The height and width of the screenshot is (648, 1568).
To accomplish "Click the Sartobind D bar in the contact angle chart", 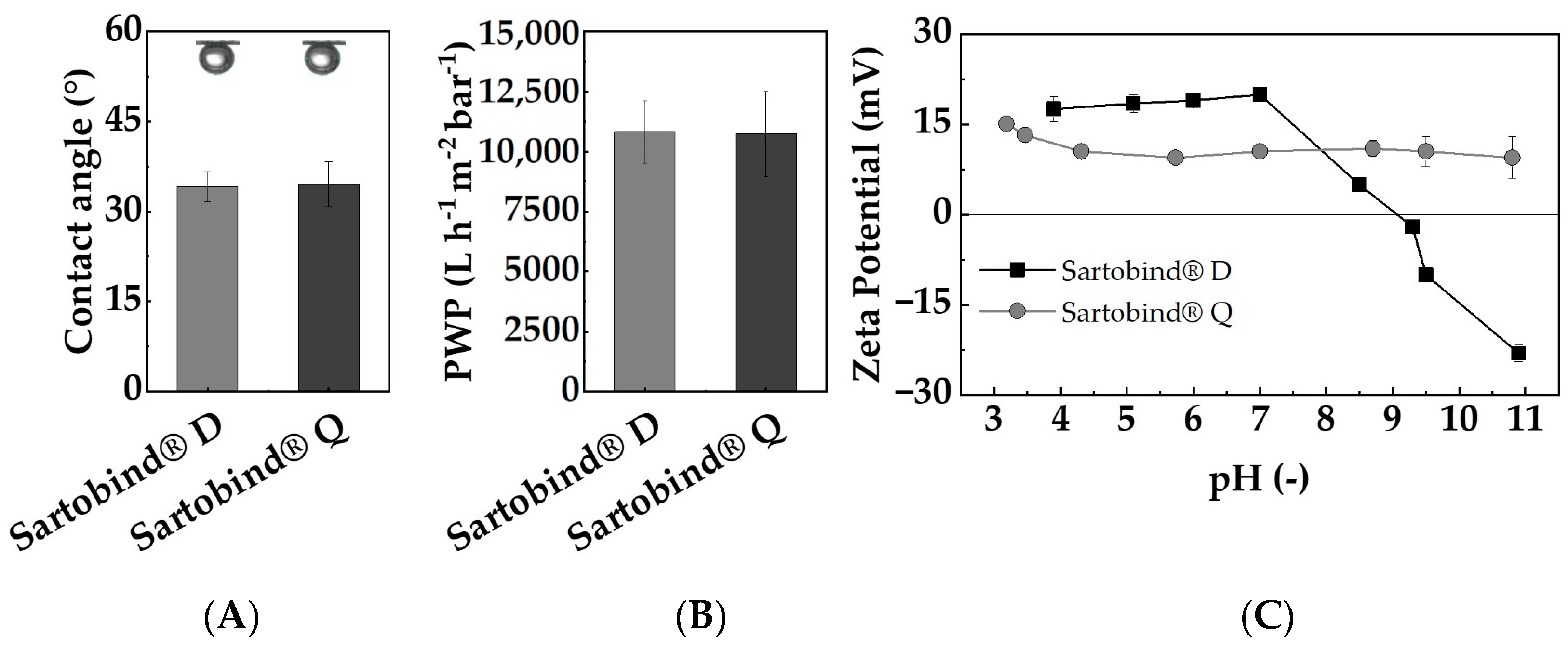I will pyautogui.click(x=207, y=289).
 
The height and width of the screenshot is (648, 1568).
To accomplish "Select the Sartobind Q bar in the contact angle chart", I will pyautogui.click(x=328, y=287).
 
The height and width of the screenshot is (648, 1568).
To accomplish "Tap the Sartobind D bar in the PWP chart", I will pyautogui.click(x=644, y=262).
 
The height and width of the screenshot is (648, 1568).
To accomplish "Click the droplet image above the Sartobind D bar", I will pyautogui.click(x=217, y=58).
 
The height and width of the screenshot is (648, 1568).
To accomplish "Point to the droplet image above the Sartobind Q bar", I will pyautogui.click(x=322, y=58).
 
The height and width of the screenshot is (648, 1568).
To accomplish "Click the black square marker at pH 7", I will pyautogui.click(x=1260, y=94).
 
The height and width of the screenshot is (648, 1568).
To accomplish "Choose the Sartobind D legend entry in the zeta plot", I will pyautogui.click(x=1105, y=271).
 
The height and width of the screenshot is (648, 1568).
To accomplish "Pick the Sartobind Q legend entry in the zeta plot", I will pyautogui.click(x=1105, y=312).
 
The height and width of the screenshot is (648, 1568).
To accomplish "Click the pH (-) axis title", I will pyautogui.click(x=1258, y=482).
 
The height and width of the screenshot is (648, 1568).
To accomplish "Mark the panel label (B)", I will pyautogui.click(x=701, y=618).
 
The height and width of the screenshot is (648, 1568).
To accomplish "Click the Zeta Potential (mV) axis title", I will pyautogui.click(x=868, y=214).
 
